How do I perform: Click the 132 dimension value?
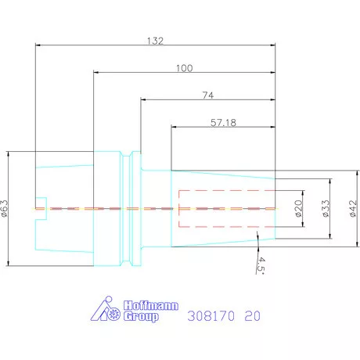(x=155, y=41)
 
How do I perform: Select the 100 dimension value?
(x=185, y=68)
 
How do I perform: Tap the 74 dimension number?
(x=208, y=95)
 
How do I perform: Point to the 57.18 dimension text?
(x=223, y=123)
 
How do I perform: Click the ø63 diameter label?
(x=5, y=208)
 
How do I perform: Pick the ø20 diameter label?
(x=299, y=208)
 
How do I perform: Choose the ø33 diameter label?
(x=326, y=208)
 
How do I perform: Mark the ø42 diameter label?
(x=353, y=208)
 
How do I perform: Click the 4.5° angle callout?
(x=261, y=265)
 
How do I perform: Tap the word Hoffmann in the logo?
(x=151, y=305)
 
